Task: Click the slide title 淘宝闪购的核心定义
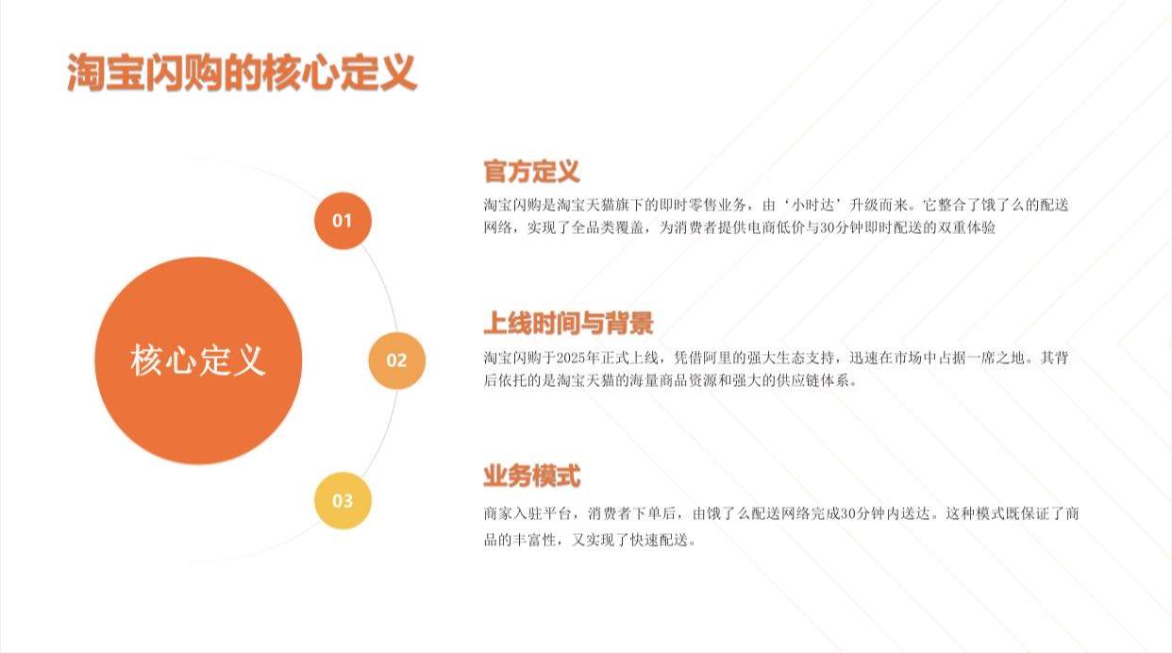point(242,74)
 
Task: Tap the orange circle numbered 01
point(343,221)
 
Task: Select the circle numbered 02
point(396,360)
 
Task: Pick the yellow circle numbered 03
point(343,501)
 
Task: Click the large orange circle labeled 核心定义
point(198,360)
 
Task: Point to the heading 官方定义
point(531,172)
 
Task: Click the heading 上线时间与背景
point(568,324)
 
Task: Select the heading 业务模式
point(531,477)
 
